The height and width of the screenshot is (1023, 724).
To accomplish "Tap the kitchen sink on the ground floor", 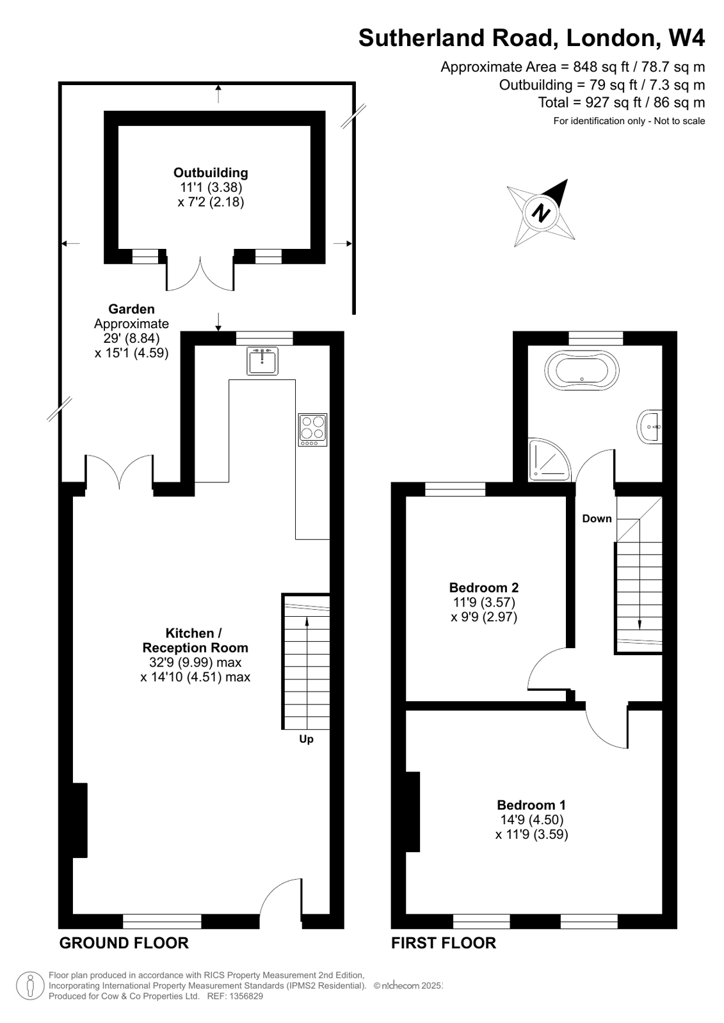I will pos(262,361).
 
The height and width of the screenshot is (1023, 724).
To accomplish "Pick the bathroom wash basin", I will pos(650,426).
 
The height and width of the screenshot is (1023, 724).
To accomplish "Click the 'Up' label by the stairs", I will pos(307,740).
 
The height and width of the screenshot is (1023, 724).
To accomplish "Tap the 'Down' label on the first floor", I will pos(597,519).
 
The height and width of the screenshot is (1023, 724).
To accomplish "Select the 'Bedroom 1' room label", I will pos(531,805).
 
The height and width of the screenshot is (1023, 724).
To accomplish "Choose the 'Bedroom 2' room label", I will pos(484,588).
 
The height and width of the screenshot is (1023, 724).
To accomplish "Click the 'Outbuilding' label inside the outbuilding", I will pos(211,173).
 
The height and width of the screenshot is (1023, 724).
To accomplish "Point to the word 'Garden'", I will pos(131,310).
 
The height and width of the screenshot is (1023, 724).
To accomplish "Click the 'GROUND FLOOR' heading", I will pos(124,943).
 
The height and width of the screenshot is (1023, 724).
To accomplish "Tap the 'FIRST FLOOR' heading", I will pos(444,943).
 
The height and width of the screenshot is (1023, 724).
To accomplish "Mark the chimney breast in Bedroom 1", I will pos(413,812).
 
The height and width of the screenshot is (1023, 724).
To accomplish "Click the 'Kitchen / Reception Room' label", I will pos(195,640).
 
